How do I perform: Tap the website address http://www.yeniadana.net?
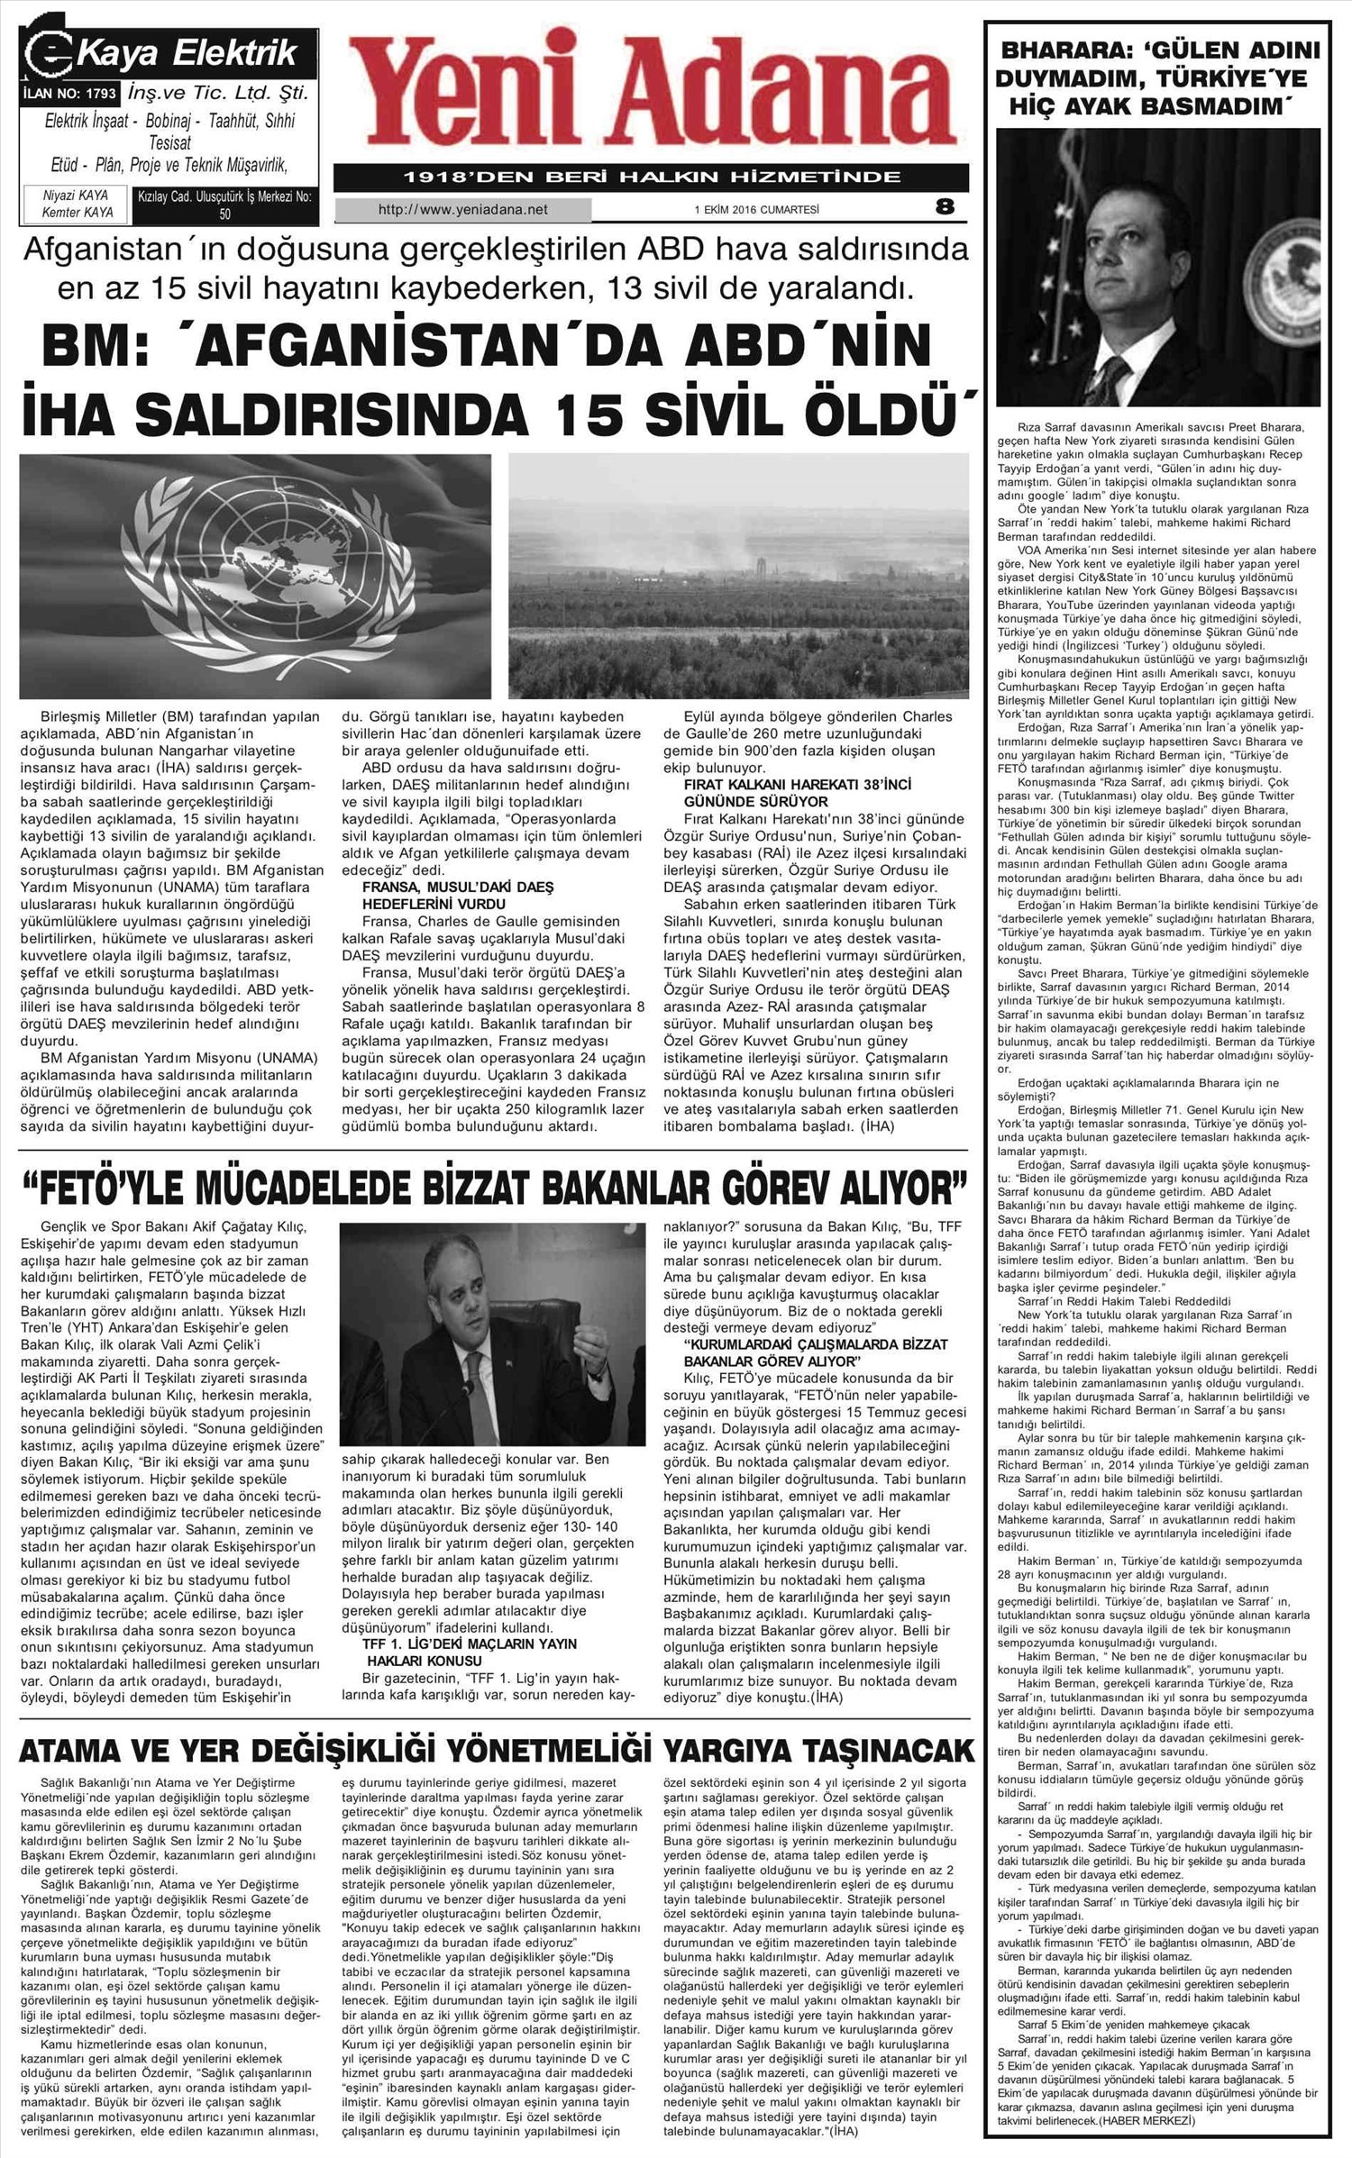click(x=463, y=210)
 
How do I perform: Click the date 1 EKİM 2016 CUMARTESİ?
click(x=756, y=210)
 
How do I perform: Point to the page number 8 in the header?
click(x=944, y=207)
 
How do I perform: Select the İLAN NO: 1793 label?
click(x=70, y=93)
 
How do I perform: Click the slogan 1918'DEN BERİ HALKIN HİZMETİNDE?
click(x=651, y=177)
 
